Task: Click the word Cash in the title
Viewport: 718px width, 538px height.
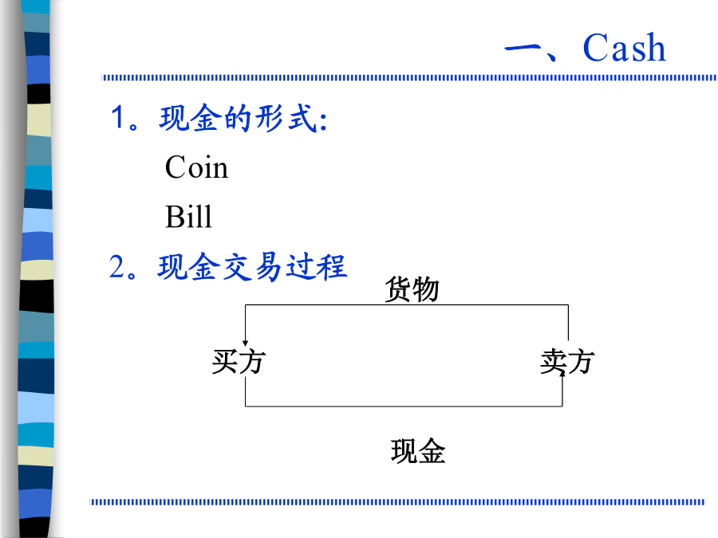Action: [624, 48]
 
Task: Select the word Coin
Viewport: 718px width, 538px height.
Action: [196, 167]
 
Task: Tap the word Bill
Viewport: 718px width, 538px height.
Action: [188, 216]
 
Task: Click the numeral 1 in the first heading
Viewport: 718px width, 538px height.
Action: [118, 117]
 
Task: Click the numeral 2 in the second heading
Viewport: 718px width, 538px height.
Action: [116, 266]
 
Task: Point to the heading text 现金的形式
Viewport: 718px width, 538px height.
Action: [238, 118]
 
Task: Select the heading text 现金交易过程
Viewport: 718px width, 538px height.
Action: [252, 267]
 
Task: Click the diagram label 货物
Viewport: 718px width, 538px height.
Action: [412, 289]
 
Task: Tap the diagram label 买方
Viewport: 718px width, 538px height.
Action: [239, 361]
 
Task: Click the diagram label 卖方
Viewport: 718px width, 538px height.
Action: [567, 361]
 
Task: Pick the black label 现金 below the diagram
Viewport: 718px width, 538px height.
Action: [418, 451]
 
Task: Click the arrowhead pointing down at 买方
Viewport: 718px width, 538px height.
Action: [246, 344]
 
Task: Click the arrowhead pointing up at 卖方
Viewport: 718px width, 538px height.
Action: [562, 373]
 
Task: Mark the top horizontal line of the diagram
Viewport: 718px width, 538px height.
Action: [407, 304]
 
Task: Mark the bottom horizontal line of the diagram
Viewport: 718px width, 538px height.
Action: [404, 406]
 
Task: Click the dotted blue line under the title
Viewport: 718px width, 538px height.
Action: [409, 78]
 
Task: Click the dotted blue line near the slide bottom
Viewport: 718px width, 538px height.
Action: [397, 502]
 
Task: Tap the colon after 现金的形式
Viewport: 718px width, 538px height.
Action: [324, 121]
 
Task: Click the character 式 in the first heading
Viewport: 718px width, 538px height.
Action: [302, 118]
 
